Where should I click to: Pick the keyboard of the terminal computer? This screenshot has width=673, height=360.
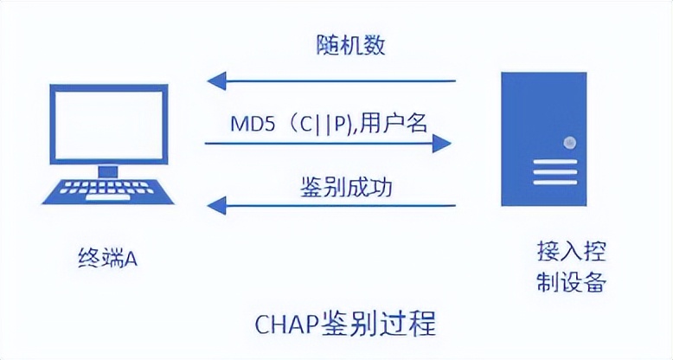(x=107, y=190)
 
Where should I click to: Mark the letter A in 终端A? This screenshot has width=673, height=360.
(x=132, y=256)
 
